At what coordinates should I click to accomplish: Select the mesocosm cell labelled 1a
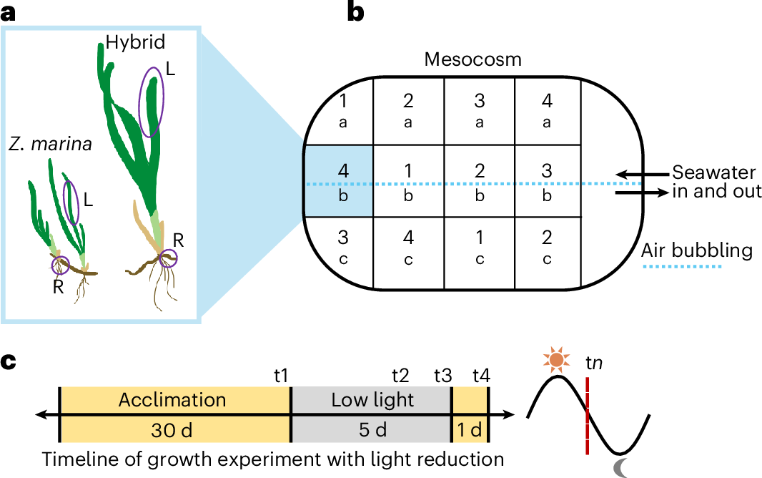pyautogui.click(x=342, y=110)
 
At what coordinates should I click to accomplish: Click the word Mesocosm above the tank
pyautogui.click(x=472, y=59)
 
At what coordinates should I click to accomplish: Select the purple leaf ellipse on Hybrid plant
pyautogui.click(x=151, y=102)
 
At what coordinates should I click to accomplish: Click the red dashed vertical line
pyautogui.click(x=587, y=422)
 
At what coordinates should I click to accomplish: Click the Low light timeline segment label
pyautogui.click(x=372, y=399)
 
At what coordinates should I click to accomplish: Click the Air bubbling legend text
pyautogui.click(x=697, y=250)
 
